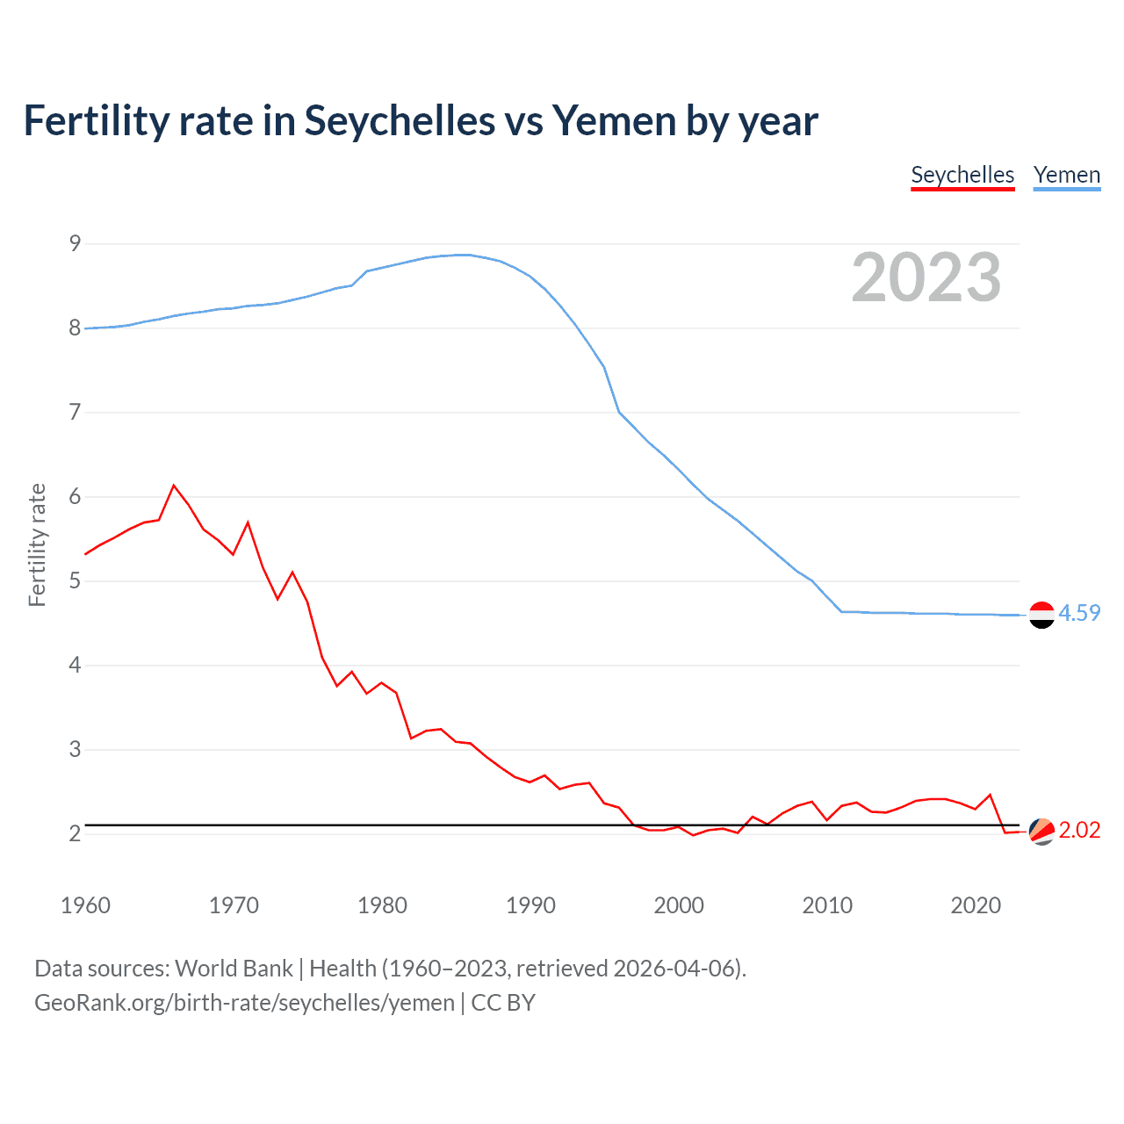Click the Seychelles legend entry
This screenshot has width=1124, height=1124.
click(x=962, y=175)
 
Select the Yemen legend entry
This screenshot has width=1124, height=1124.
click(x=1066, y=175)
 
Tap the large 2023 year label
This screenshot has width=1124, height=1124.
click(x=926, y=277)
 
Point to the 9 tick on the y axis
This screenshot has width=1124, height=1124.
click(x=75, y=243)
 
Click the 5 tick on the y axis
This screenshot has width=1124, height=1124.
click(x=75, y=580)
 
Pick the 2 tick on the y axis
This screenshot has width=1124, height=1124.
click(x=75, y=833)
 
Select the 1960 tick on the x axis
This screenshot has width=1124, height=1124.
click(x=85, y=905)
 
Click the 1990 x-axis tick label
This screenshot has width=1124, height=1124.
click(x=530, y=905)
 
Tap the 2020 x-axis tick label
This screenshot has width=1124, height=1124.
click(x=976, y=905)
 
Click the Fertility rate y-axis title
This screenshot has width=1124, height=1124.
click(x=37, y=544)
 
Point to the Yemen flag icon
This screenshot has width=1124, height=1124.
click(x=1041, y=615)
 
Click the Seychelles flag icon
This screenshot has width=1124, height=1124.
click(x=1041, y=831)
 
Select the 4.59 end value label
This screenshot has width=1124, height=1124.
click(x=1079, y=613)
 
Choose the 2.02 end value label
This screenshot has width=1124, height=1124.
click(x=1079, y=830)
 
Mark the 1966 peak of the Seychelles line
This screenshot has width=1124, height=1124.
click(x=174, y=485)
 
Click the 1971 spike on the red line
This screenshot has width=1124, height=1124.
click(x=248, y=522)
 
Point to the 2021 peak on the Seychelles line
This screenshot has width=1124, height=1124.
click(x=991, y=795)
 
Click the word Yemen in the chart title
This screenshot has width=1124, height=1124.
click(x=613, y=120)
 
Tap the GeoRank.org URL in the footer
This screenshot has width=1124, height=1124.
click(x=244, y=1003)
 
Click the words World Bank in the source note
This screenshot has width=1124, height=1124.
click(x=234, y=969)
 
